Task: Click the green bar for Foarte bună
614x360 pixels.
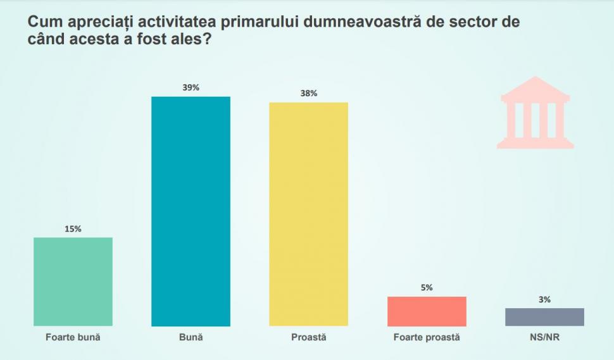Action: pyautogui.click(x=73, y=282)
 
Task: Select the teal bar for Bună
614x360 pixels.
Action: pyautogui.click(x=191, y=211)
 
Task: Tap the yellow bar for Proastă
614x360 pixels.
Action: pyautogui.click(x=309, y=214)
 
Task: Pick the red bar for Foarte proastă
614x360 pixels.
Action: pyautogui.click(x=427, y=311)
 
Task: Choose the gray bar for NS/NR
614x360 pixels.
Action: pyautogui.click(x=544, y=317)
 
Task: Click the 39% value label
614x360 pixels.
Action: pyautogui.click(x=191, y=88)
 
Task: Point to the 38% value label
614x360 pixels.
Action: pyautogui.click(x=309, y=94)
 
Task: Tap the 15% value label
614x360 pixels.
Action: pyautogui.click(x=73, y=229)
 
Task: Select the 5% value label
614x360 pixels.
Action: pyautogui.click(x=427, y=288)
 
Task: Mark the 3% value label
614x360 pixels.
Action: pyautogui.click(x=544, y=300)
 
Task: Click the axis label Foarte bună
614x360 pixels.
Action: pyautogui.click(x=73, y=338)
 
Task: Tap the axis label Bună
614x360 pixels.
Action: pyautogui.click(x=191, y=338)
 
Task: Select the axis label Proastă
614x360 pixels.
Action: pyautogui.click(x=309, y=338)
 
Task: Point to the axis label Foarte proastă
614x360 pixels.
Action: pyautogui.click(x=427, y=338)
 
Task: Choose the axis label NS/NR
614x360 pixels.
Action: pyautogui.click(x=544, y=338)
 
